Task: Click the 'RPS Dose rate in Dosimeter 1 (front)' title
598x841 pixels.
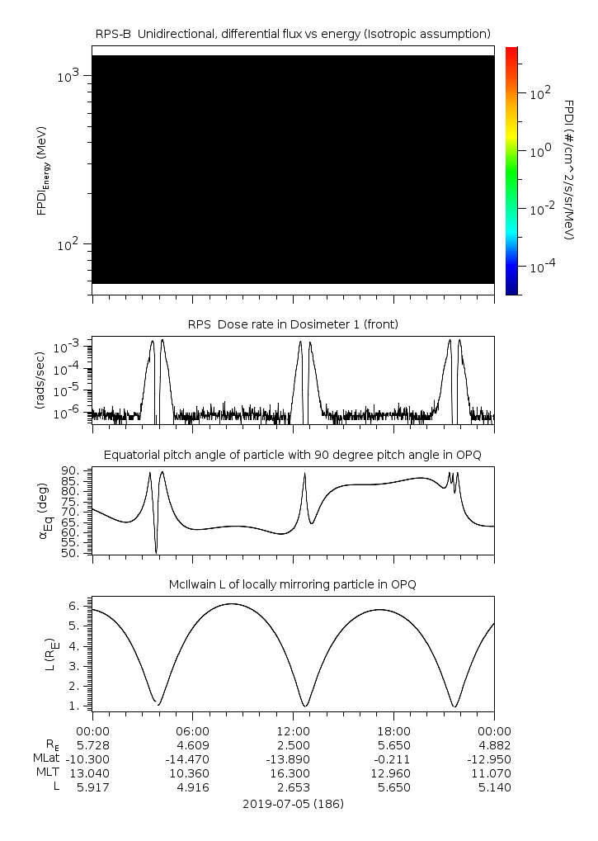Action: tap(293, 324)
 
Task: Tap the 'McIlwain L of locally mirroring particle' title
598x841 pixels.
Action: tap(293, 584)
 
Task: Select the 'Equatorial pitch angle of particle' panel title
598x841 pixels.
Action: tap(293, 455)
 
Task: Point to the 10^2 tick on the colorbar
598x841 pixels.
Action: tap(540, 93)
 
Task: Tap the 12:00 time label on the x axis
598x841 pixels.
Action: tap(293, 730)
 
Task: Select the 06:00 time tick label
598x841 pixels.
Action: tap(192, 730)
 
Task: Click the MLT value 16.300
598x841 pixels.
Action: tap(293, 773)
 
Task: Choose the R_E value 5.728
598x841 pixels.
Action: tap(92, 744)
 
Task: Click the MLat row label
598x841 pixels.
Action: tap(44, 758)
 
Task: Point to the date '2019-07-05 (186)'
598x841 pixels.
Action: tap(293, 803)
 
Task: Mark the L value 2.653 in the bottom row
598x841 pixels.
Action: tap(293, 787)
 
